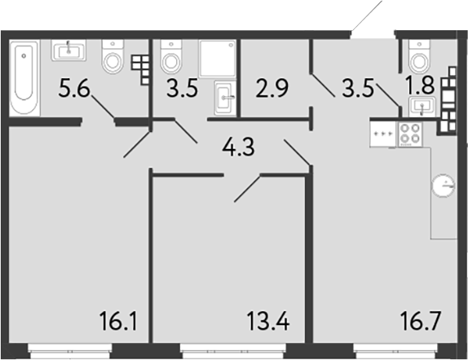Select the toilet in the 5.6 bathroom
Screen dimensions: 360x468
coord(113,56)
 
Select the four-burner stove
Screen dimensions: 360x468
coord(409,134)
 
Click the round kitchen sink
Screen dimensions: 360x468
coord(444,187)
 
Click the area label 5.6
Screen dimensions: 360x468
coord(73,90)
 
